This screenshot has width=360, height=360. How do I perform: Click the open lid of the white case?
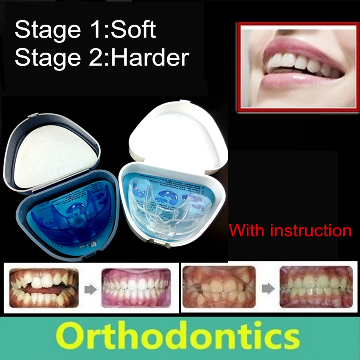180,136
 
